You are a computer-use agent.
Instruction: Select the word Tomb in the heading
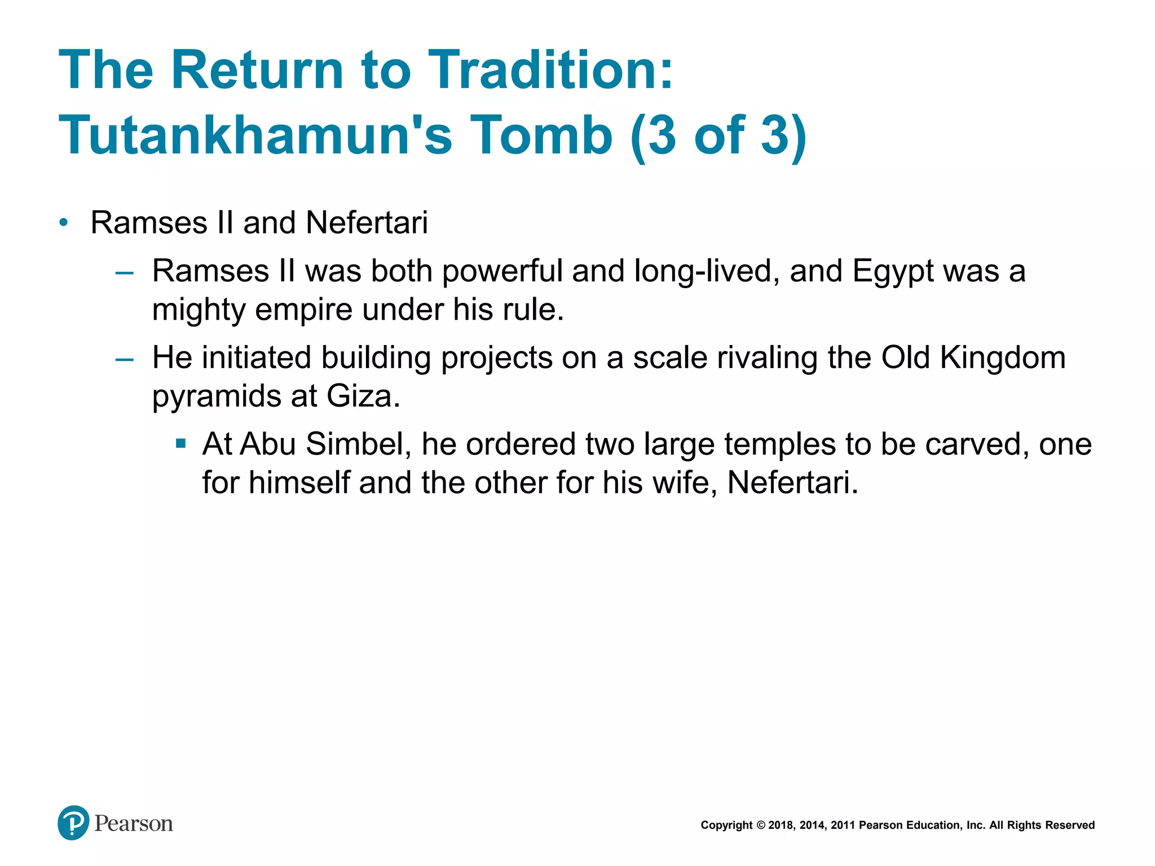click(x=541, y=135)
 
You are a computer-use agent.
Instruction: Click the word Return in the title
click(x=257, y=70)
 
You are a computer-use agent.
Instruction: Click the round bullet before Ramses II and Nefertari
click(x=64, y=223)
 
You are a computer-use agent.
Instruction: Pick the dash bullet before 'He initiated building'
click(x=124, y=359)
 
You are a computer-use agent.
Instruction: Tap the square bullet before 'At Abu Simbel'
click(x=180, y=444)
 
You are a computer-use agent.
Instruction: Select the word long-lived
click(x=707, y=272)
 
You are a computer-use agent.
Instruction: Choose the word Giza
click(x=363, y=396)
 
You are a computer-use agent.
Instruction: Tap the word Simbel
click(x=358, y=444)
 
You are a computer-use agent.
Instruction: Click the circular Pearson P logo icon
click(x=73, y=823)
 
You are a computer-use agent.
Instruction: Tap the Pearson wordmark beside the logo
click(x=134, y=824)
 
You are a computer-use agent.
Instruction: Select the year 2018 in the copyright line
click(x=781, y=825)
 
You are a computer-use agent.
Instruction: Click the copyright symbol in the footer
click(x=760, y=825)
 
